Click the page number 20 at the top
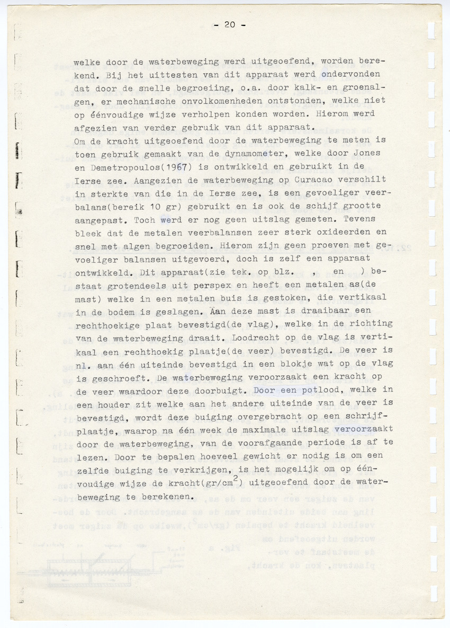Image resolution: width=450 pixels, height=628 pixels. tap(229, 24)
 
